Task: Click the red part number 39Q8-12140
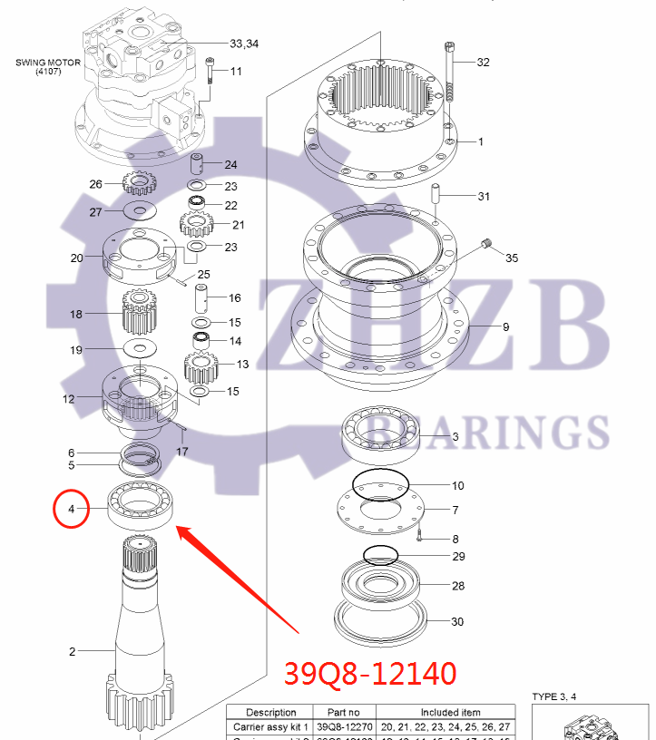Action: [x=370, y=674]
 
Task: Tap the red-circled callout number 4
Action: [x=71, y=511]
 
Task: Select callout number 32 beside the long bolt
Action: [x=483, y=63]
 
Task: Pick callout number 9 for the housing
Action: [x=506, y=326]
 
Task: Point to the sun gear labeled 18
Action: [x=140, y=313]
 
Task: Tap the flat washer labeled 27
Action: [x=140, y=212]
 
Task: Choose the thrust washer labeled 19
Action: [x=140, y=349]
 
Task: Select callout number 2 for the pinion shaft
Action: [x=73, y=651]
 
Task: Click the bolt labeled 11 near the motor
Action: [x=211, y=70]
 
